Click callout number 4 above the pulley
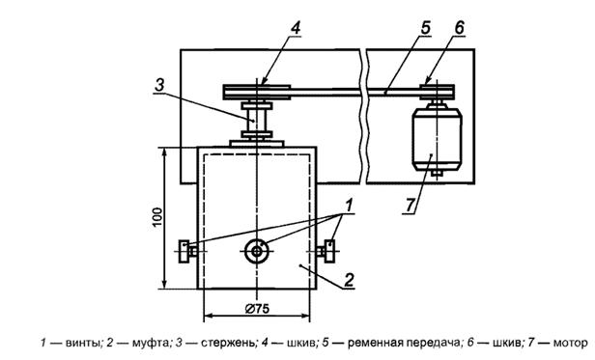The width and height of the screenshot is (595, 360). [x=296, y=28]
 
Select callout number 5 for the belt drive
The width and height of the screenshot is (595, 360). [x=425, y=28]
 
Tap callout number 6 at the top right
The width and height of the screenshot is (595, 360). [x=459, y=28]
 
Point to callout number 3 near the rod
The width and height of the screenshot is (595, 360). [x=159, y=85]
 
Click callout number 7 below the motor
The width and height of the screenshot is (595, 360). [x=410, y=206]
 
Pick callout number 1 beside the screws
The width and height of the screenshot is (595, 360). [x=349, y=206]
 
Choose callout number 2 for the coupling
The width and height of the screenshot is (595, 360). [x=349, y=280]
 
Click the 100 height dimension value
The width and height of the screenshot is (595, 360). [x=157, y=217]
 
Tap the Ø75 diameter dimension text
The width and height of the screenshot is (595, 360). [x=257, y=309]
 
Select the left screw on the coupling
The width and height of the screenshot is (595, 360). [x=187, y=251]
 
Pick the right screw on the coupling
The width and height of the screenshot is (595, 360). [x=326, y=251]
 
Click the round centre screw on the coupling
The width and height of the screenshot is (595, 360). [x=257, y=251]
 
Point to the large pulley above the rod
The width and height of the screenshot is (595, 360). [x=257, y=93]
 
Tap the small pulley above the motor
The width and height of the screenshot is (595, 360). [x=437, y=93]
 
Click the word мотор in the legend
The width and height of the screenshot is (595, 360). [x=570, y=344]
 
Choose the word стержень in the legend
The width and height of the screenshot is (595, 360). [x=228, y=344]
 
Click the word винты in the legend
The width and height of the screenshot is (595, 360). [x=83, y=344]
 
